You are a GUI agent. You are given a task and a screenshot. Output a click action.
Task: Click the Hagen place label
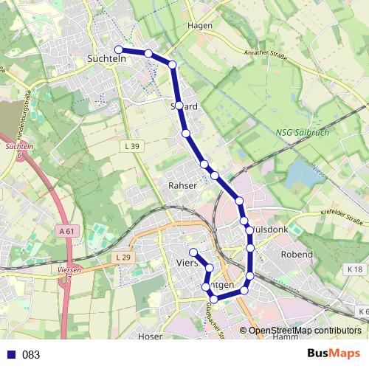point(200,25)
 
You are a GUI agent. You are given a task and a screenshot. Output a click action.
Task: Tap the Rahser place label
point(183,185)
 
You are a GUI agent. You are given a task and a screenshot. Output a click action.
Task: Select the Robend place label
point(297,254)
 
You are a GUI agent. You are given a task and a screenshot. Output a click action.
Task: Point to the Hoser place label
point(150,336)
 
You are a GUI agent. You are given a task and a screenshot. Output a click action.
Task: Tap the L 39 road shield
point(131,147)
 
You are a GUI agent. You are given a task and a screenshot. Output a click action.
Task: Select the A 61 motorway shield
point(66,231)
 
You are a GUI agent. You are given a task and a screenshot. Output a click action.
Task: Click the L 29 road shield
point(123,257)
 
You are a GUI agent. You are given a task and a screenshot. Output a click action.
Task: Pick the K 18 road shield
point(354,269)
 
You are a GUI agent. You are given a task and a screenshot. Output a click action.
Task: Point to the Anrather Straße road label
point(265,52)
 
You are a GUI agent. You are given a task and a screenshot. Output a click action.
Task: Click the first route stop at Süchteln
point(119,49)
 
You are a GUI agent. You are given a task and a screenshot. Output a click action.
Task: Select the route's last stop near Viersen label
point(193,252)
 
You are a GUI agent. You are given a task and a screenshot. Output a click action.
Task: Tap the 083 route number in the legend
point(31,355)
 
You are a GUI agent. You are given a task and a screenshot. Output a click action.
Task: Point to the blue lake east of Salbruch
point(302,174)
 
